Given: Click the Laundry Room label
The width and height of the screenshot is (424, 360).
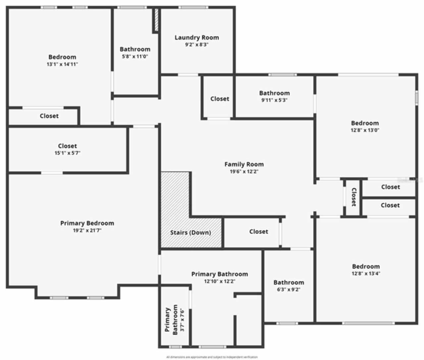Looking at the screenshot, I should (197, 38).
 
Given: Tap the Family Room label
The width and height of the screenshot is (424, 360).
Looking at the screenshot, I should (244, 164).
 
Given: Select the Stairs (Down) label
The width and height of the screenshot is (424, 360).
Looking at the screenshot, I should (190, 232).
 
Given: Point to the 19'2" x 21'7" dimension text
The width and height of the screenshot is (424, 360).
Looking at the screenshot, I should (87, 231).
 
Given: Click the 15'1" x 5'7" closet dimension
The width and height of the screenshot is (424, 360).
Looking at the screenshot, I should (68, 153).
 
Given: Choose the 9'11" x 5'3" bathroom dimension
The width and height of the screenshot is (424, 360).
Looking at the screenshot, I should (274, 100).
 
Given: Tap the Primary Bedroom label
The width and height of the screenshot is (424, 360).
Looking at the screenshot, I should (87, 223).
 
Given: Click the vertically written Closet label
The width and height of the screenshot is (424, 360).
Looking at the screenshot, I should (353, 197).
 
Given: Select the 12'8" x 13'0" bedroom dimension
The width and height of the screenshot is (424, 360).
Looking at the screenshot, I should (365, 130).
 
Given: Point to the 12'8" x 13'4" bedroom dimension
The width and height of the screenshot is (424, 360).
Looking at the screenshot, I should (366, 274).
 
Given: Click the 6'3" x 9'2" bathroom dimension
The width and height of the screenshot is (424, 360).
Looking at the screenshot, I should (289, 289).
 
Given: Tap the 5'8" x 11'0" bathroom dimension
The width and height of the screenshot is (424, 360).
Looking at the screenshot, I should (135, 56).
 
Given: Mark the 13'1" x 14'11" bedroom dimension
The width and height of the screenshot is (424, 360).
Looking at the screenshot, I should (62, 64).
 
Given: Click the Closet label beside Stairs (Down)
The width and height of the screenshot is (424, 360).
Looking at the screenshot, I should (259, 232).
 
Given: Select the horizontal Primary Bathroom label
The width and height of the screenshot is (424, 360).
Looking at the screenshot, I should (220, 274).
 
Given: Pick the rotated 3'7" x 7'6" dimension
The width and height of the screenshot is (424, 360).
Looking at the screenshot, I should (182, 320).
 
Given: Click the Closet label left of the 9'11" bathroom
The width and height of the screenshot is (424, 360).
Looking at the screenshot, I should (220, 99).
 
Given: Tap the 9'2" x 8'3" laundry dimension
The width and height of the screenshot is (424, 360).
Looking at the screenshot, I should (197, 45).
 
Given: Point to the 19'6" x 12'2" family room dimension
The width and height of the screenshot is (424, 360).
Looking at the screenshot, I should (244, 171).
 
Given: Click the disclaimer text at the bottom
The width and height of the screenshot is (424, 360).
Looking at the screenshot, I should (212, 357).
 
